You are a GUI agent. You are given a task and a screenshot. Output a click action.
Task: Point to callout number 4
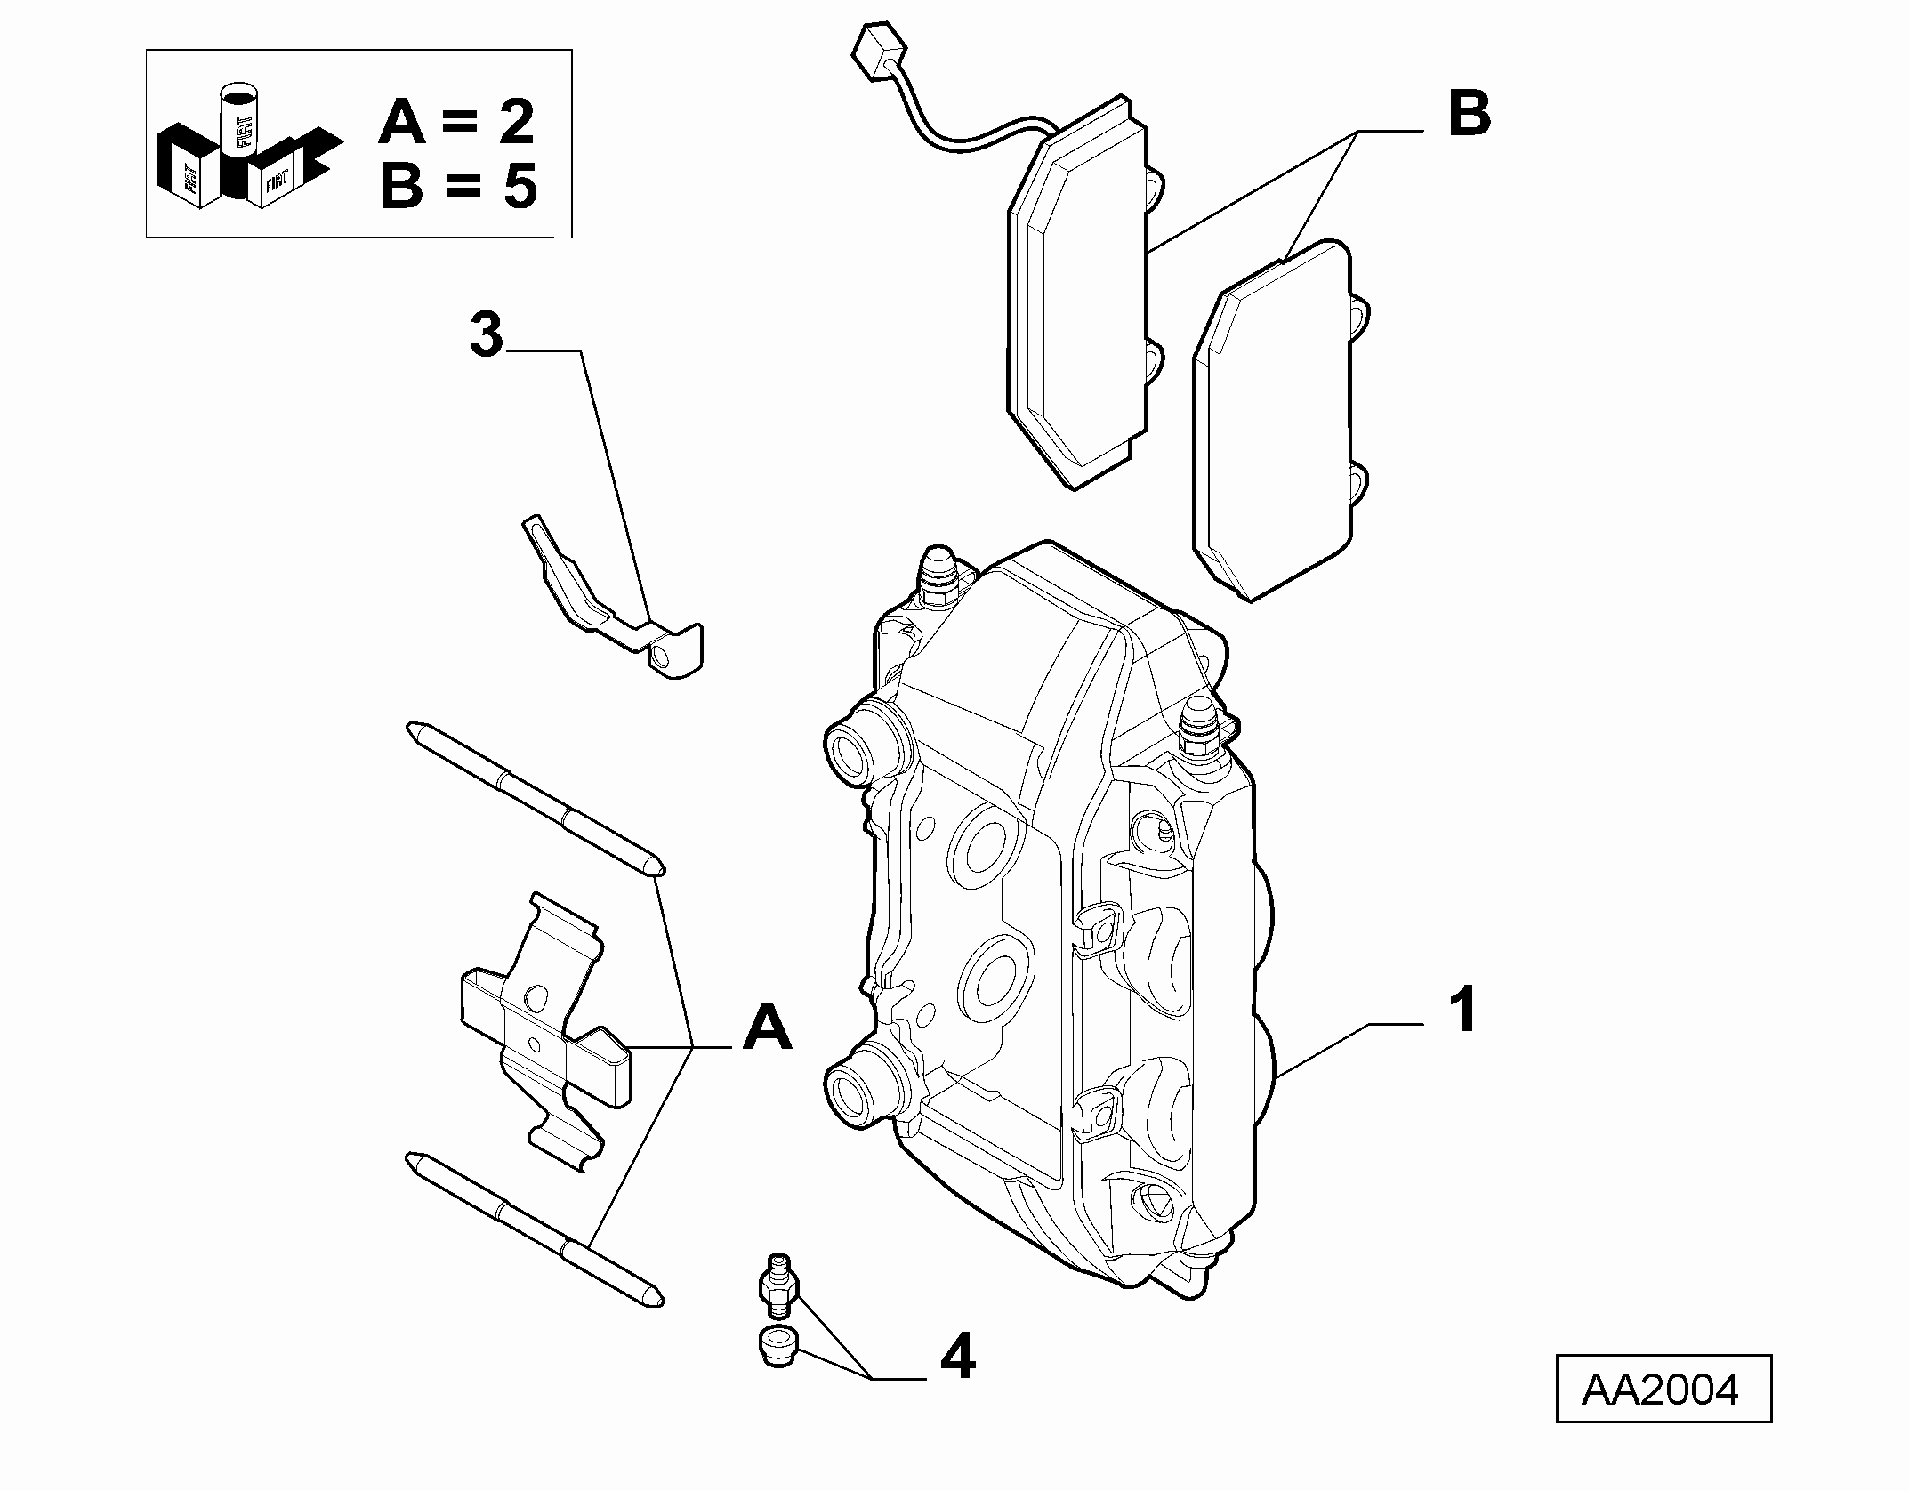pos(956,1382)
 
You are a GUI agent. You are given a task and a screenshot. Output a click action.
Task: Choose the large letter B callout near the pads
pos(1469,115)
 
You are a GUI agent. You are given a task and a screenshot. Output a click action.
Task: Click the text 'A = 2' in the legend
pos(456,122)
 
